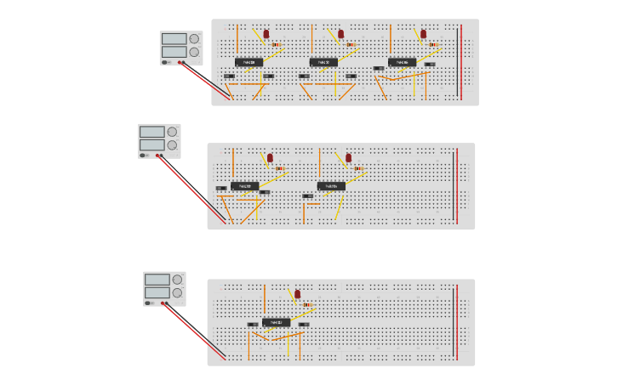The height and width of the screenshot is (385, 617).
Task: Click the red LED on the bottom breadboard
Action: click(297, 293)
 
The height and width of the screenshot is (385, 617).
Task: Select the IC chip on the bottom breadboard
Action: click(276, 322)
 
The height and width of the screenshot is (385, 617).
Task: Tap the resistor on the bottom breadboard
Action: click(306, 304)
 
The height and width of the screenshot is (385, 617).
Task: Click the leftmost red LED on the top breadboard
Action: click(266, 34)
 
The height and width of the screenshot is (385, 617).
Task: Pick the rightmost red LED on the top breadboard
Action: click(423, 34)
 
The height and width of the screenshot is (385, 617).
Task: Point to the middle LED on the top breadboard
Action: click(341, 34)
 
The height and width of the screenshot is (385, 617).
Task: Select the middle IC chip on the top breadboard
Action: click(323, 62)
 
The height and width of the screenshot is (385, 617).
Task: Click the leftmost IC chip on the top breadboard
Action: click(249, 62)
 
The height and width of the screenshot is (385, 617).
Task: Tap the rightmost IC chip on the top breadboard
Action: click(403, 62)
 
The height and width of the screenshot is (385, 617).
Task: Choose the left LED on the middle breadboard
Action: click(270, 157)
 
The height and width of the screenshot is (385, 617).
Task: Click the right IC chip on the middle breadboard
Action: click(332, 186)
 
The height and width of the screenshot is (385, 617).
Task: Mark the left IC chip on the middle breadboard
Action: click(245, 186)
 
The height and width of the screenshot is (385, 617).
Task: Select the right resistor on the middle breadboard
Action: click(358, 168)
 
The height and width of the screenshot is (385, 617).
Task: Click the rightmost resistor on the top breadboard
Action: click(433, 44)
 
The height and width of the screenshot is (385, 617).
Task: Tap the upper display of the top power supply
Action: click(174, 38)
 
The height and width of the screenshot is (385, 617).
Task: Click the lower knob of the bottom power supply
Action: click(177, 292)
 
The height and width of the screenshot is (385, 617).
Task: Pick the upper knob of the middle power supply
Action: click(173, 132)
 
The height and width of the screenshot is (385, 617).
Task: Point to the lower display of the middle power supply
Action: click(151, 144)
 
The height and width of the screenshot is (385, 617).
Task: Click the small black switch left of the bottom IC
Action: click(252, 325)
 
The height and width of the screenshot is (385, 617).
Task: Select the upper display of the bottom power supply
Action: click(157, 279)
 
